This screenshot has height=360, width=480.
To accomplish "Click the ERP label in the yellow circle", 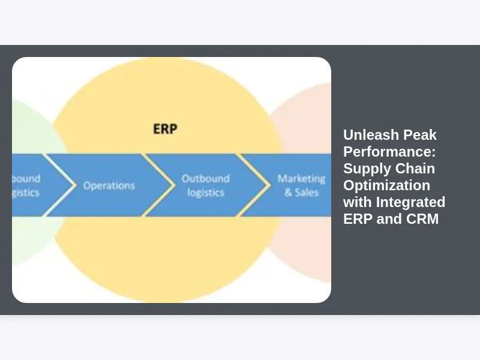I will pos(164,128).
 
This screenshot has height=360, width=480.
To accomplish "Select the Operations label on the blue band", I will pos(109,185).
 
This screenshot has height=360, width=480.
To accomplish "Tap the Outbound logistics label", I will pos(205,185).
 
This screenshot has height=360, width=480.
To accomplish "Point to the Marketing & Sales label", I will pos(301,185).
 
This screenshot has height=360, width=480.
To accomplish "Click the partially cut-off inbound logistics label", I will pos(26,185).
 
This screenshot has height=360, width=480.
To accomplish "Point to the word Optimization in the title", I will pos(386,185).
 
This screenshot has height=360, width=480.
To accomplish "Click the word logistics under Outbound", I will pos(205,193).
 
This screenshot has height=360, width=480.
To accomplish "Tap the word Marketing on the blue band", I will pos(301,178).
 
